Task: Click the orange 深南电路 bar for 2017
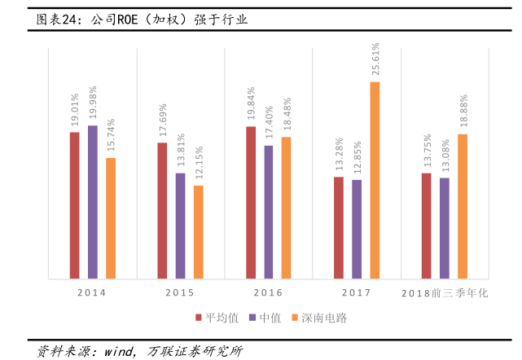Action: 375,180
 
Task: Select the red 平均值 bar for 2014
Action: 74,205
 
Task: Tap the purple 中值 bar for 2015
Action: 180,226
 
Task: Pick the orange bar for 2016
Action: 286,208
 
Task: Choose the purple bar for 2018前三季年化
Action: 444,228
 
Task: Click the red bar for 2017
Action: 339,227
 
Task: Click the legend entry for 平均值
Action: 213,317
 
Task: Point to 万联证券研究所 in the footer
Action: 195,351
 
